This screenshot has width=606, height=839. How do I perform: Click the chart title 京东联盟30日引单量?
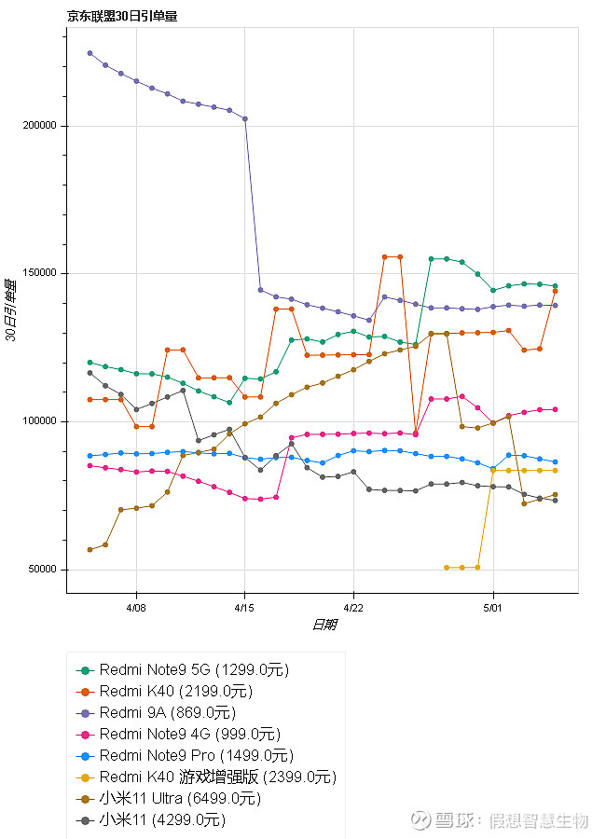tap(122, 15)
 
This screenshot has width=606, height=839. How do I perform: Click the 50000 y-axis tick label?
tap(46, 570)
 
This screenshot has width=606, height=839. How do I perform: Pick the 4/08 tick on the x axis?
tap(136, 605)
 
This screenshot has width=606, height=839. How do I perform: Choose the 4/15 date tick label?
tap(244, 605)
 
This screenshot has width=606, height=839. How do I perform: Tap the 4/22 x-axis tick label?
tap(353, 605)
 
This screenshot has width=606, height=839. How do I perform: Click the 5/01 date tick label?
tap(493, 605)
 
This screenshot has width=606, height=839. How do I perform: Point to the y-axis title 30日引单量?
tap(11, 310)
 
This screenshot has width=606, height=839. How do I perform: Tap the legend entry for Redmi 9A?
tap(166, 713)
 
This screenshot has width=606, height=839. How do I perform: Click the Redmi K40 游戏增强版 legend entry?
tap(217, 777)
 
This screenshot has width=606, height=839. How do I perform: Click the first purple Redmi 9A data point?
tap(90, 53)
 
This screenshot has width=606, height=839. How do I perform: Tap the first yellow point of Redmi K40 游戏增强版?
tap(447, 568)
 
